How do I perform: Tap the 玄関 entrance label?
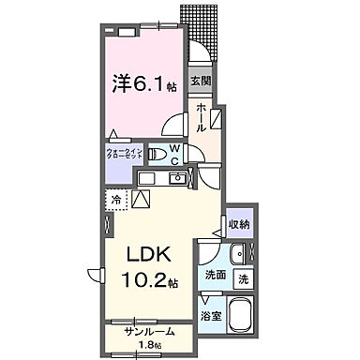tap(200, 82)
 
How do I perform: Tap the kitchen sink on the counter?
tap(174, 177)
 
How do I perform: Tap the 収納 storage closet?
tap(238, 224)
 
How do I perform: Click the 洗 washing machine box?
tap(241, 277)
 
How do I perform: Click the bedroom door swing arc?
tap(172, 126)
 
